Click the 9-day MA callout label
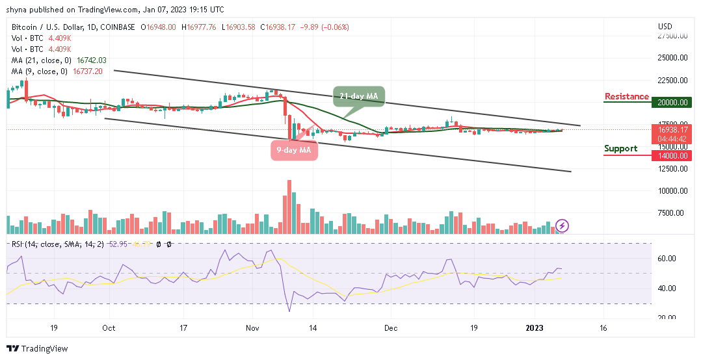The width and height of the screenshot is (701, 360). (295, 151)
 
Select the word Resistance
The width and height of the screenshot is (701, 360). (626, 97)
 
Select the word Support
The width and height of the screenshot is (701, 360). (620, 149)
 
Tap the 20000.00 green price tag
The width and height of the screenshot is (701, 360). (673, 102)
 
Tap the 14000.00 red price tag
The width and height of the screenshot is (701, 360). (673, 155)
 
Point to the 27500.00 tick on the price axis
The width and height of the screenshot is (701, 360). (673, 36)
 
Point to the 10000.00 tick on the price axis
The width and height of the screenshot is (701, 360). (673, 191)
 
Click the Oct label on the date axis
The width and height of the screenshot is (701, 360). (109, 328)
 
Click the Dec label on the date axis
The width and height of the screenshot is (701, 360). (391, 328)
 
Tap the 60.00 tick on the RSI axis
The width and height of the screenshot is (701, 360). (668, 259)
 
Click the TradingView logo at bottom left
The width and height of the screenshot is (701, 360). (37, 348)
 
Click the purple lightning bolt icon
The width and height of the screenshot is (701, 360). (563, 226)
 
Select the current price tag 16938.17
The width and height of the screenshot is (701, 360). (673, 129)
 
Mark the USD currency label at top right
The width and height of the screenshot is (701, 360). (665, 27)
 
